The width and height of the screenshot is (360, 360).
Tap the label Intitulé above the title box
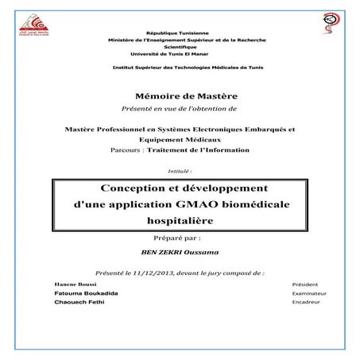(180, 170)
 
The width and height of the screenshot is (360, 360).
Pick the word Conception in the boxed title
(130, 188)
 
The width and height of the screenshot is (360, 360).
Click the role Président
(305, 284)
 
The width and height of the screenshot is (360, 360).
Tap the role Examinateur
(309, 293)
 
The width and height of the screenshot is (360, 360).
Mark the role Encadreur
(307, 303)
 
